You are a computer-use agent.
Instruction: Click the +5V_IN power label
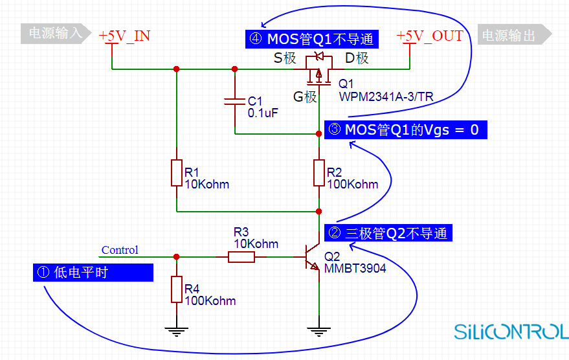(x=124, y=36)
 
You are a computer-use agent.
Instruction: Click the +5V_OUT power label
(x=430, y=36)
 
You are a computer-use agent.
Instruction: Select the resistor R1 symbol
(x=177, y=173)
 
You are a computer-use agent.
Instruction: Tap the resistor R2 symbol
(x=319, y=173)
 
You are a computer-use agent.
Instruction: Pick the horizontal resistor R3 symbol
(x=241, y=257)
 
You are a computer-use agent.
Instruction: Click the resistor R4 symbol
(x=177, y=289)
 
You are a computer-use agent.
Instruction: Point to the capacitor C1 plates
(x=235, y=101)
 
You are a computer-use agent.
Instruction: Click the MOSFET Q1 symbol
(x=318, y=70)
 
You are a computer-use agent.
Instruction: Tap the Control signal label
(x=120, y=250)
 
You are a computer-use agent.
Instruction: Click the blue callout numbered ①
(x=93, y=273)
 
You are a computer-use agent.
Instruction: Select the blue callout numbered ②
(x=388, y=233)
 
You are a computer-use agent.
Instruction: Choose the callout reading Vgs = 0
(x=405, y=130)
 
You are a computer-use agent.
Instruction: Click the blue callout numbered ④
(x=312, y=39)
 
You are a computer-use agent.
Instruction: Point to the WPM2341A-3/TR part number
(x=386, y=97)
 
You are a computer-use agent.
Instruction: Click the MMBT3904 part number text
(x=355, y=269)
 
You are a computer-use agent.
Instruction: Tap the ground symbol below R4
(x=177, y=332)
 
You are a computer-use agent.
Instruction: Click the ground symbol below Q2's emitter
(x=319, y=332)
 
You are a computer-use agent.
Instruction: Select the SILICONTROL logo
(x=511, y=332)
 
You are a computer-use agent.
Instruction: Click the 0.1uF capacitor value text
(x=263, y=113)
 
